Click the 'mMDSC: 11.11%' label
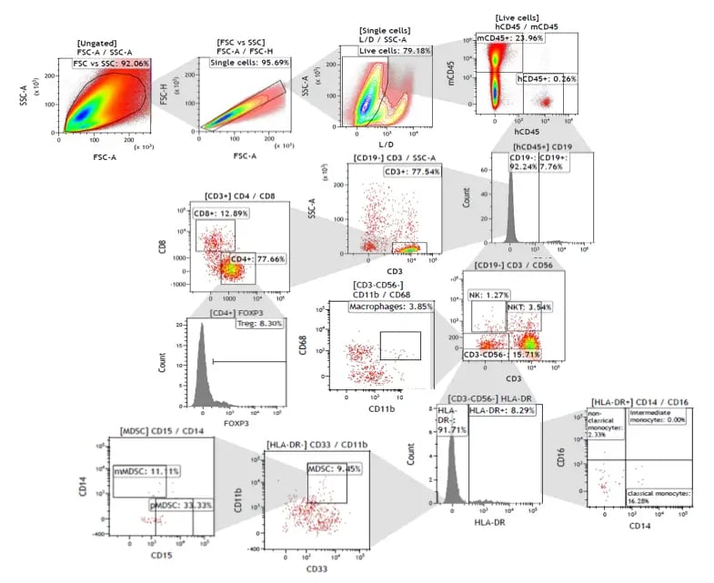pyautogui.click(x=146, y=470)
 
